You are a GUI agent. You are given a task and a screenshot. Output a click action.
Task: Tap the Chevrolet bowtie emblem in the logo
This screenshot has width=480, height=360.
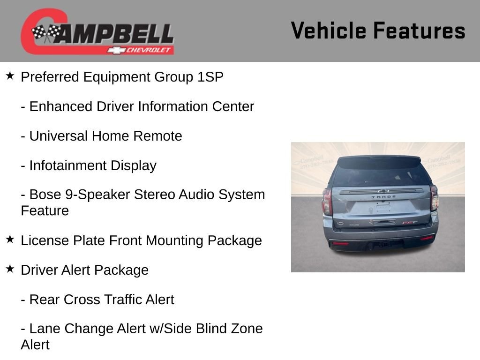point(116,50)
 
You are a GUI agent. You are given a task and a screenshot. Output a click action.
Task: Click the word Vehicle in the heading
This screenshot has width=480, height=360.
point(328,30)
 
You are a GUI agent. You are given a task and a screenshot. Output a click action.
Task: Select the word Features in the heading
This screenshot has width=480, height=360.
point(420,30)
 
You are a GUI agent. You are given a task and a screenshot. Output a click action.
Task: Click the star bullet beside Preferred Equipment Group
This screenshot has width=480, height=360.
point(10,75)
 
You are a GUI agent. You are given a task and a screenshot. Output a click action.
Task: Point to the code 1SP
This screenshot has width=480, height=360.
point(210,77)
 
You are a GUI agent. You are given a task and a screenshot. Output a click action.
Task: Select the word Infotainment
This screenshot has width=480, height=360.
point(68,165)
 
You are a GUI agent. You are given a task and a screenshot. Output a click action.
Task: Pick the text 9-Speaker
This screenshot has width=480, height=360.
point(97,195)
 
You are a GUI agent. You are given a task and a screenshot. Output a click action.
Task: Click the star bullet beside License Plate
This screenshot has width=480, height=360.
point(10,240)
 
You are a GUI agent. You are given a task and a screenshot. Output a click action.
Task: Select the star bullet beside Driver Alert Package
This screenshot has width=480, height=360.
point(10,269)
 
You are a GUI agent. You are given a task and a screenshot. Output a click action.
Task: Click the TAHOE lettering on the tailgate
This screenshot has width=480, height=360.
point(383,197)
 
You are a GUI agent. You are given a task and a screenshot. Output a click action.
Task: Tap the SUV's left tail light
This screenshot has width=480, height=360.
point(327,202)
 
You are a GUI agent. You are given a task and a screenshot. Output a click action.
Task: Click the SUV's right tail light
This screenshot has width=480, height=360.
point(435,198)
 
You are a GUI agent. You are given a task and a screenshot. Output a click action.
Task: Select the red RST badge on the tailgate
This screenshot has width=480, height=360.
point(410,223)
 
